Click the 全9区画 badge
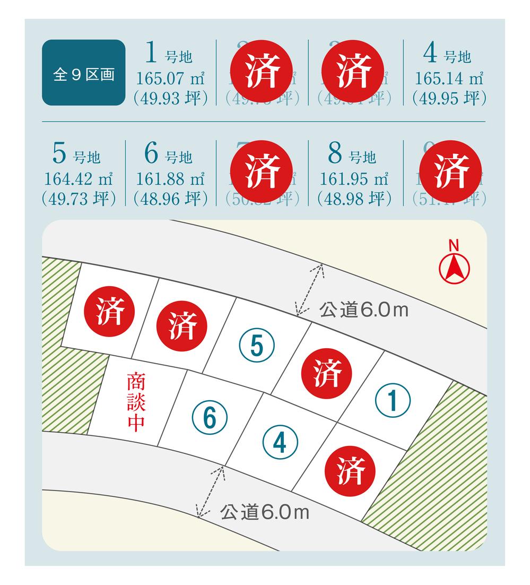coord(83,73)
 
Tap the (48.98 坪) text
coord(354,199)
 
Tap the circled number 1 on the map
coord(392,401)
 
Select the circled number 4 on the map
coord(280,442)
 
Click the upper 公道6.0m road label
coord(364,310)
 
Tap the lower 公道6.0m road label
coord(264,512)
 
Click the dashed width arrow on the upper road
coord(310,289)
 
